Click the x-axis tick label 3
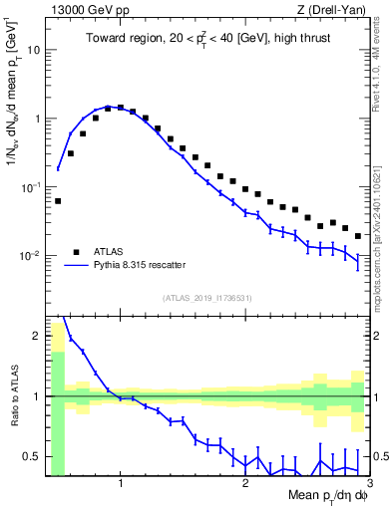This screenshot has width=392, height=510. click(369, 484)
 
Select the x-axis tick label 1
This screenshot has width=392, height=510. click(121, 484)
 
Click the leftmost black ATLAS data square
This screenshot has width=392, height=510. click(58, 201)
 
